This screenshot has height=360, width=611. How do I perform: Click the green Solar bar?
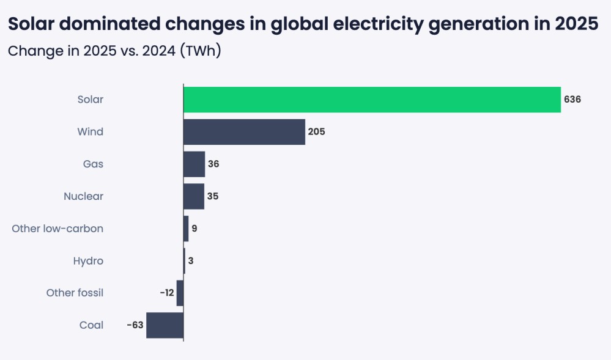click(x=372, y=100)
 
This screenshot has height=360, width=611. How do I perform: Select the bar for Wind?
click(x=244, y=132)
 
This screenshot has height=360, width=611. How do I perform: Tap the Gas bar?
click(x=194, y=164)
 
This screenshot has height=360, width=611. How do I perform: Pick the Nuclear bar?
click(x=193, y=196)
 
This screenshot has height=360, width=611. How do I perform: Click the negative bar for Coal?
click(x=165, y=325)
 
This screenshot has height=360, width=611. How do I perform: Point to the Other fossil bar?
click(x=180, y=293)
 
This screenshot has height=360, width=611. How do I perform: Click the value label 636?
click(x=572, y=100)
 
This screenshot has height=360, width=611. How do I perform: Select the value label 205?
click(x=316, y=132)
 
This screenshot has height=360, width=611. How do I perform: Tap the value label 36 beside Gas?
click(x=213, y=164)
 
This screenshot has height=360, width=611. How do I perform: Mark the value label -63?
click(x=135, y=325)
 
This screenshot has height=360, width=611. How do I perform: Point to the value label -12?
click(x=167, y=293)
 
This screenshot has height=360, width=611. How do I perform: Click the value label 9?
click(x=194, y=229)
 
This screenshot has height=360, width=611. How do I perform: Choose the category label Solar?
click(x=90, y=100)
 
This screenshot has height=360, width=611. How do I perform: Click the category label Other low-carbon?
click(x=57, y=229)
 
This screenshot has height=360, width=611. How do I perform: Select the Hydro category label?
click(x=88, y=261)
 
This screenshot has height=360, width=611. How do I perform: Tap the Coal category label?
click(x=91, y=325)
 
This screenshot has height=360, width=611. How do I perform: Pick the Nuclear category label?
click(x=83, y=196)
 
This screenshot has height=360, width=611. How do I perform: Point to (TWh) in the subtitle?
click(x=200, y=51)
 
